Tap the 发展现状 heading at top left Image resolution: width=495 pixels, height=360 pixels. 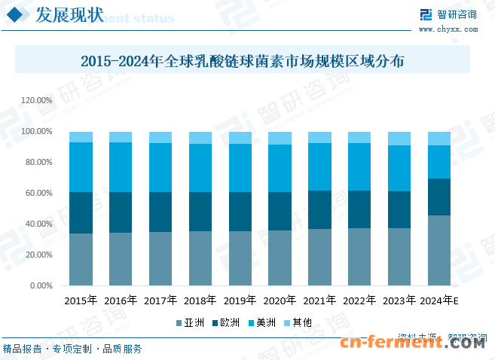[69, 17]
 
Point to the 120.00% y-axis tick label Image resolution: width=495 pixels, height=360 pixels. [35, 100]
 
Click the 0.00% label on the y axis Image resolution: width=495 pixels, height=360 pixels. [39, 286]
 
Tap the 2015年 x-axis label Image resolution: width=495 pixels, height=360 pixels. [81, 301]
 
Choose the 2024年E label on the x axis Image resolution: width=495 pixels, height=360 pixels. [438, 301]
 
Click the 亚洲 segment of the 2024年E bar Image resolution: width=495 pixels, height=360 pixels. [438, 251]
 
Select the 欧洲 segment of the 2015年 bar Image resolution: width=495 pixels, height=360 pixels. [81, 212]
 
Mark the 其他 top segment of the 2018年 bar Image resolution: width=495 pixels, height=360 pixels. [200, 138]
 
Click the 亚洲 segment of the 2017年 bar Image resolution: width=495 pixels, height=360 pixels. [160, 258]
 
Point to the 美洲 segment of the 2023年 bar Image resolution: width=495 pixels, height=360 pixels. [399, 168]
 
